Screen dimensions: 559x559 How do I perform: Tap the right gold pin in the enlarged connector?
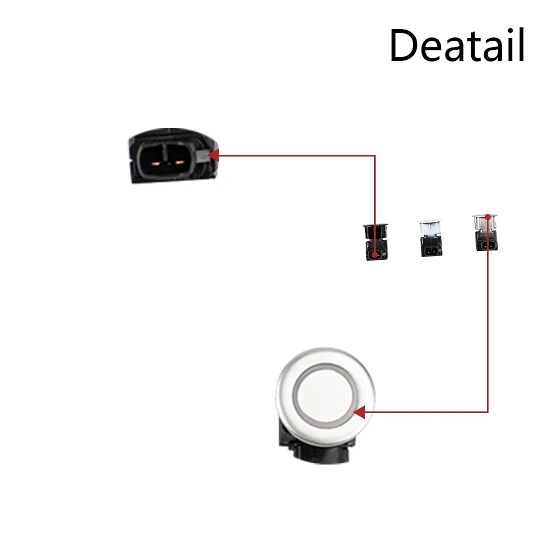[179, 163]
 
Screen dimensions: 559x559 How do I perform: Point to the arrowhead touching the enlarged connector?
[213, 155]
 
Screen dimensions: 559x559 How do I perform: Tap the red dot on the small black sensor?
[375, 257]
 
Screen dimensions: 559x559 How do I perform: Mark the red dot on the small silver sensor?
[488, 217]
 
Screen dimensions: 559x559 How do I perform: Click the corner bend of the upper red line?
[375, 155]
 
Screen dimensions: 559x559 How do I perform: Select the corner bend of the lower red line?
[488, 413]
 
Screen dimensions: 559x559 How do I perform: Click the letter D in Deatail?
[401, 46]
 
